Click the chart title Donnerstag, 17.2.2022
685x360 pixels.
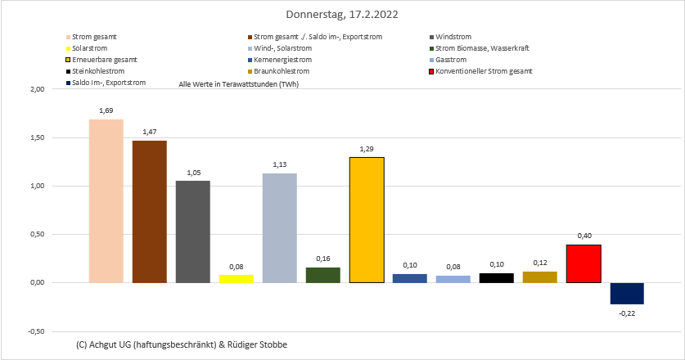click(343, 15)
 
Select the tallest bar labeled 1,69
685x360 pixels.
click(106, 200)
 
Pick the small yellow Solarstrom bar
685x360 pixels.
click(236, 278)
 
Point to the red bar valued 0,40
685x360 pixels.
click(584, 263)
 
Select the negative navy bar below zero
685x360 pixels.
click(627, 293)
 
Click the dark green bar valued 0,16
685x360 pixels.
click(322, 275)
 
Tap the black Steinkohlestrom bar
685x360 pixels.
click(497, 277)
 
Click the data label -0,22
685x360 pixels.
click(627, 312)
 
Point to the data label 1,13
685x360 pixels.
click(279, 164)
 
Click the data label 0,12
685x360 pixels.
click(540, 263)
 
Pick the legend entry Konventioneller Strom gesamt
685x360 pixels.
click(484, 71)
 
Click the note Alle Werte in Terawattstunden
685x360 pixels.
click(232, 85)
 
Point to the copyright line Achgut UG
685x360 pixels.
click(180, 344)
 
